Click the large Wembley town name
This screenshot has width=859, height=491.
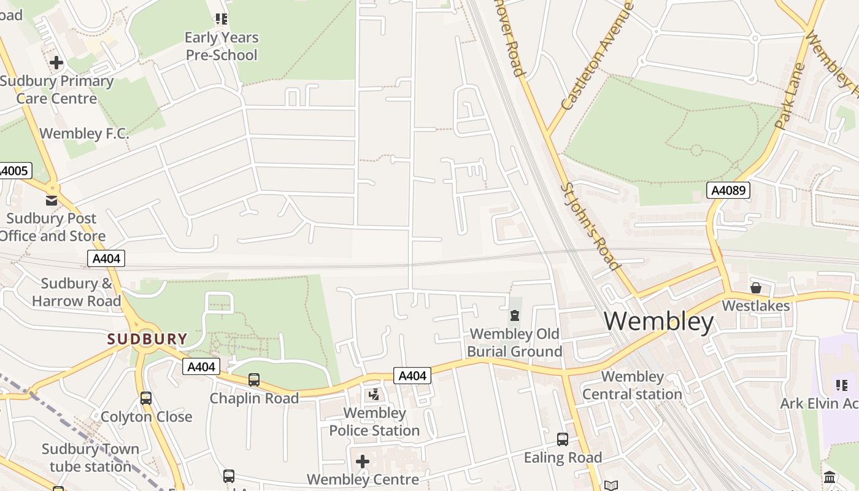[x=659, y=322]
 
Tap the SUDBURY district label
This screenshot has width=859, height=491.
[x=147, y=339]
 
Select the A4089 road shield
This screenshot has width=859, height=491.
[x=728, y=190]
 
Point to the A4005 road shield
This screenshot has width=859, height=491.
[x=14, y=171]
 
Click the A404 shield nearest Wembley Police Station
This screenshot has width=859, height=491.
[x=412, y=376]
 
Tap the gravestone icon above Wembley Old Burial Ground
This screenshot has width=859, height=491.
[x=514, y=315]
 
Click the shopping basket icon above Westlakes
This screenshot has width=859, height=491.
[x=756, y=287]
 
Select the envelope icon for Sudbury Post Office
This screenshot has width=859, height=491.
[x=52, y=200]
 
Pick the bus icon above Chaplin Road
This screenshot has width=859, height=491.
[x=254, y=380]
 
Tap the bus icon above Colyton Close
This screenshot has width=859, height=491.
[x=146, y=398]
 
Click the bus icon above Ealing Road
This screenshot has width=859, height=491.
[x=562, y=439]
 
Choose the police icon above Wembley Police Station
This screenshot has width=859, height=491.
[x=374, y=395]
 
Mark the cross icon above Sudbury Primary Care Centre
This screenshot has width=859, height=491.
[x=56, y=63]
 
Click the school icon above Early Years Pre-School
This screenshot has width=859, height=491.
[x=221, y=20]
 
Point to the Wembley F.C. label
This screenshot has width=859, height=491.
[x=84, y=134]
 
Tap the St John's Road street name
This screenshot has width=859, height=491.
[x=590, y=226]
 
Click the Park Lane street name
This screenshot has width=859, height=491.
[x=790, y=95]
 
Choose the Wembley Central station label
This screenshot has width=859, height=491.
[x=632, y=385]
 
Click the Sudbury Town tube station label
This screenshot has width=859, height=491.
[x=90, y=458]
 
